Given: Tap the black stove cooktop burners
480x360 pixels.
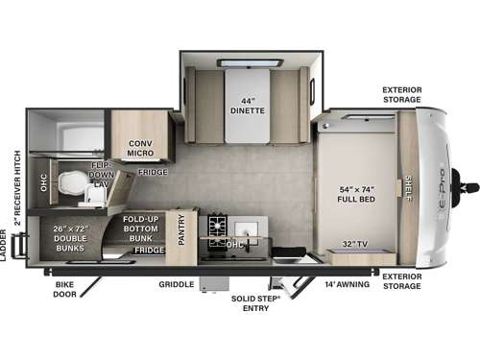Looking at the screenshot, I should (218, 230).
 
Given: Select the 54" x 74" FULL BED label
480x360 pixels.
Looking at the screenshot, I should (356, 192).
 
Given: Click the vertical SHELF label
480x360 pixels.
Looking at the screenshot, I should (408, 188).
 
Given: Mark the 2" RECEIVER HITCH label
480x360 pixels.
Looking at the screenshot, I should (16, 182).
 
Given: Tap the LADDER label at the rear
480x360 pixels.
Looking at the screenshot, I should (5, 245).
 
